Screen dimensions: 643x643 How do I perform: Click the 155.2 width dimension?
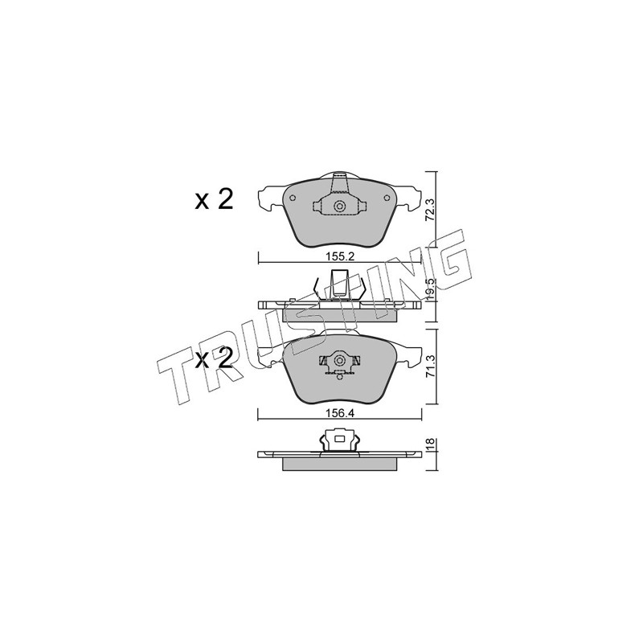339,257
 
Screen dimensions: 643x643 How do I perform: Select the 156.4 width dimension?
339,414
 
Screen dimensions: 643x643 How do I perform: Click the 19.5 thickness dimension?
429,290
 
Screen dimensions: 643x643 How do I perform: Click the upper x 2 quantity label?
214,199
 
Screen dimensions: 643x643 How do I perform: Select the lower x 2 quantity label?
214,358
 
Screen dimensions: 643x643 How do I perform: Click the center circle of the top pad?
339,207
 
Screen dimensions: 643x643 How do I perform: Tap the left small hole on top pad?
293,199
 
